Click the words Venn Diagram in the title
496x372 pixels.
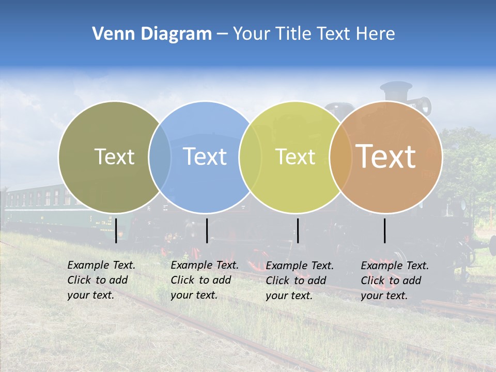click(x=152, y=34)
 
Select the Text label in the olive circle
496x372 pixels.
click(x=114, y=157)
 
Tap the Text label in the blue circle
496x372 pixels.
click(x=205, y=157)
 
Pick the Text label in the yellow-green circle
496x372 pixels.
click(x=296, y=157)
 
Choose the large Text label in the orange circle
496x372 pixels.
click(x=386, y=157)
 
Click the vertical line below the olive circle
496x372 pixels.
click(x=116, y=230)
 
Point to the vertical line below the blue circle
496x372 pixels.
click(x=207, y=230)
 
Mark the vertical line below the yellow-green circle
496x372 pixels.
click(x=298, y=230)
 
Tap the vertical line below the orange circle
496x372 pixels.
click(x=385, y=230)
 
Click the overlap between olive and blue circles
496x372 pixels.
click(x=160, y=157)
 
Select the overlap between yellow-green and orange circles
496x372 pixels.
click(x=340, y=157)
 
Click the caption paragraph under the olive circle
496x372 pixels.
click(x=101, y=280)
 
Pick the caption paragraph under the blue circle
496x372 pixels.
click(x=205, y=280)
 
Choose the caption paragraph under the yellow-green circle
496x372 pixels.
click(x=300, y=281)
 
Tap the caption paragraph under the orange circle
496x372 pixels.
click(x=395, y=281)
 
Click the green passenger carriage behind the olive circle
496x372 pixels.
click(x=31, y=204)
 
